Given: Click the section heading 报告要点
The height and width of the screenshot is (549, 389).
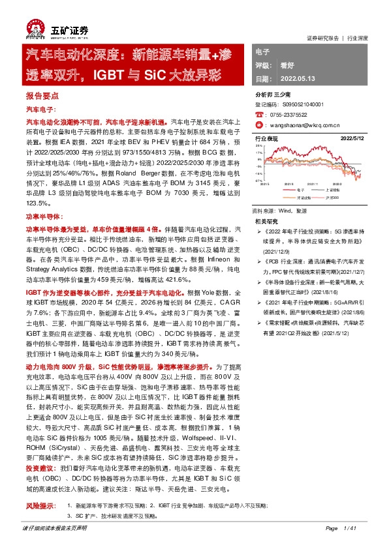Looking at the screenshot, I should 42,95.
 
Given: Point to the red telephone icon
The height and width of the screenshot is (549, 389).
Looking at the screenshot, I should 259,113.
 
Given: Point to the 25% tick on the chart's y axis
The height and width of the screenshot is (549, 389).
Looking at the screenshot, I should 259,147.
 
